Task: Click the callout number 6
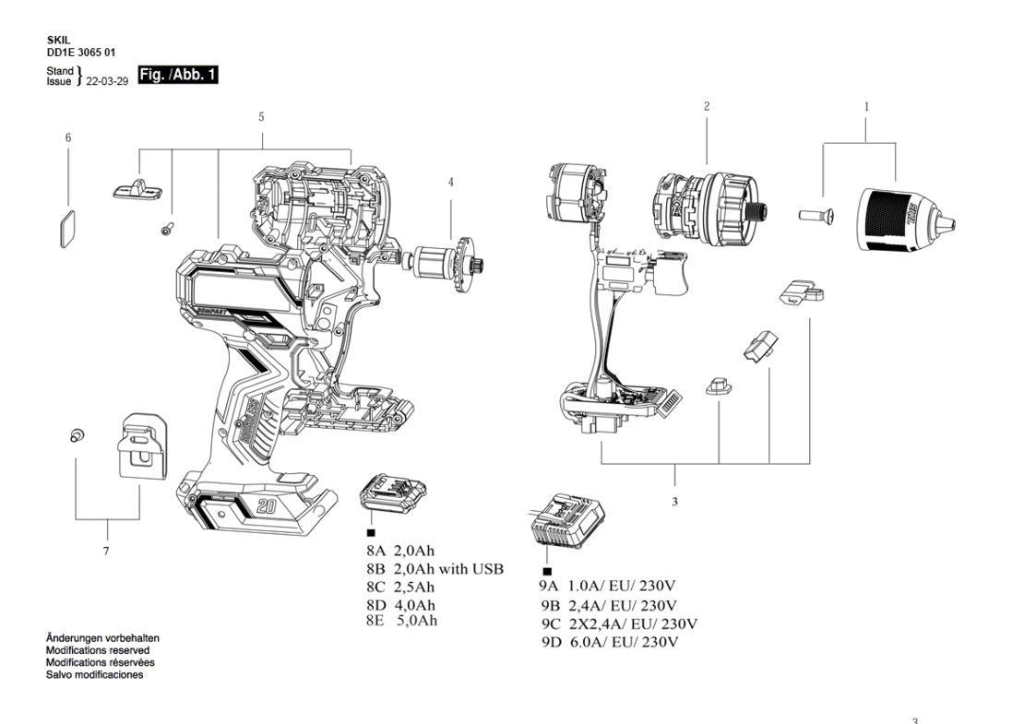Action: (x=68, y=137)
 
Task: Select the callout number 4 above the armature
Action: (x=450, y=182)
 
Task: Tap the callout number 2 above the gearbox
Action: (x=707, y=106)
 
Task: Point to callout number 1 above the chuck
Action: (x=866, y=106)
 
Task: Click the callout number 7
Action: (x=106, y=551)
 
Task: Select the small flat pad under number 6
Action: (x=68, y=229)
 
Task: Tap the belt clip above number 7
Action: (x=142, y=445)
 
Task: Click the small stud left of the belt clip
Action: (x=77, y=434)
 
